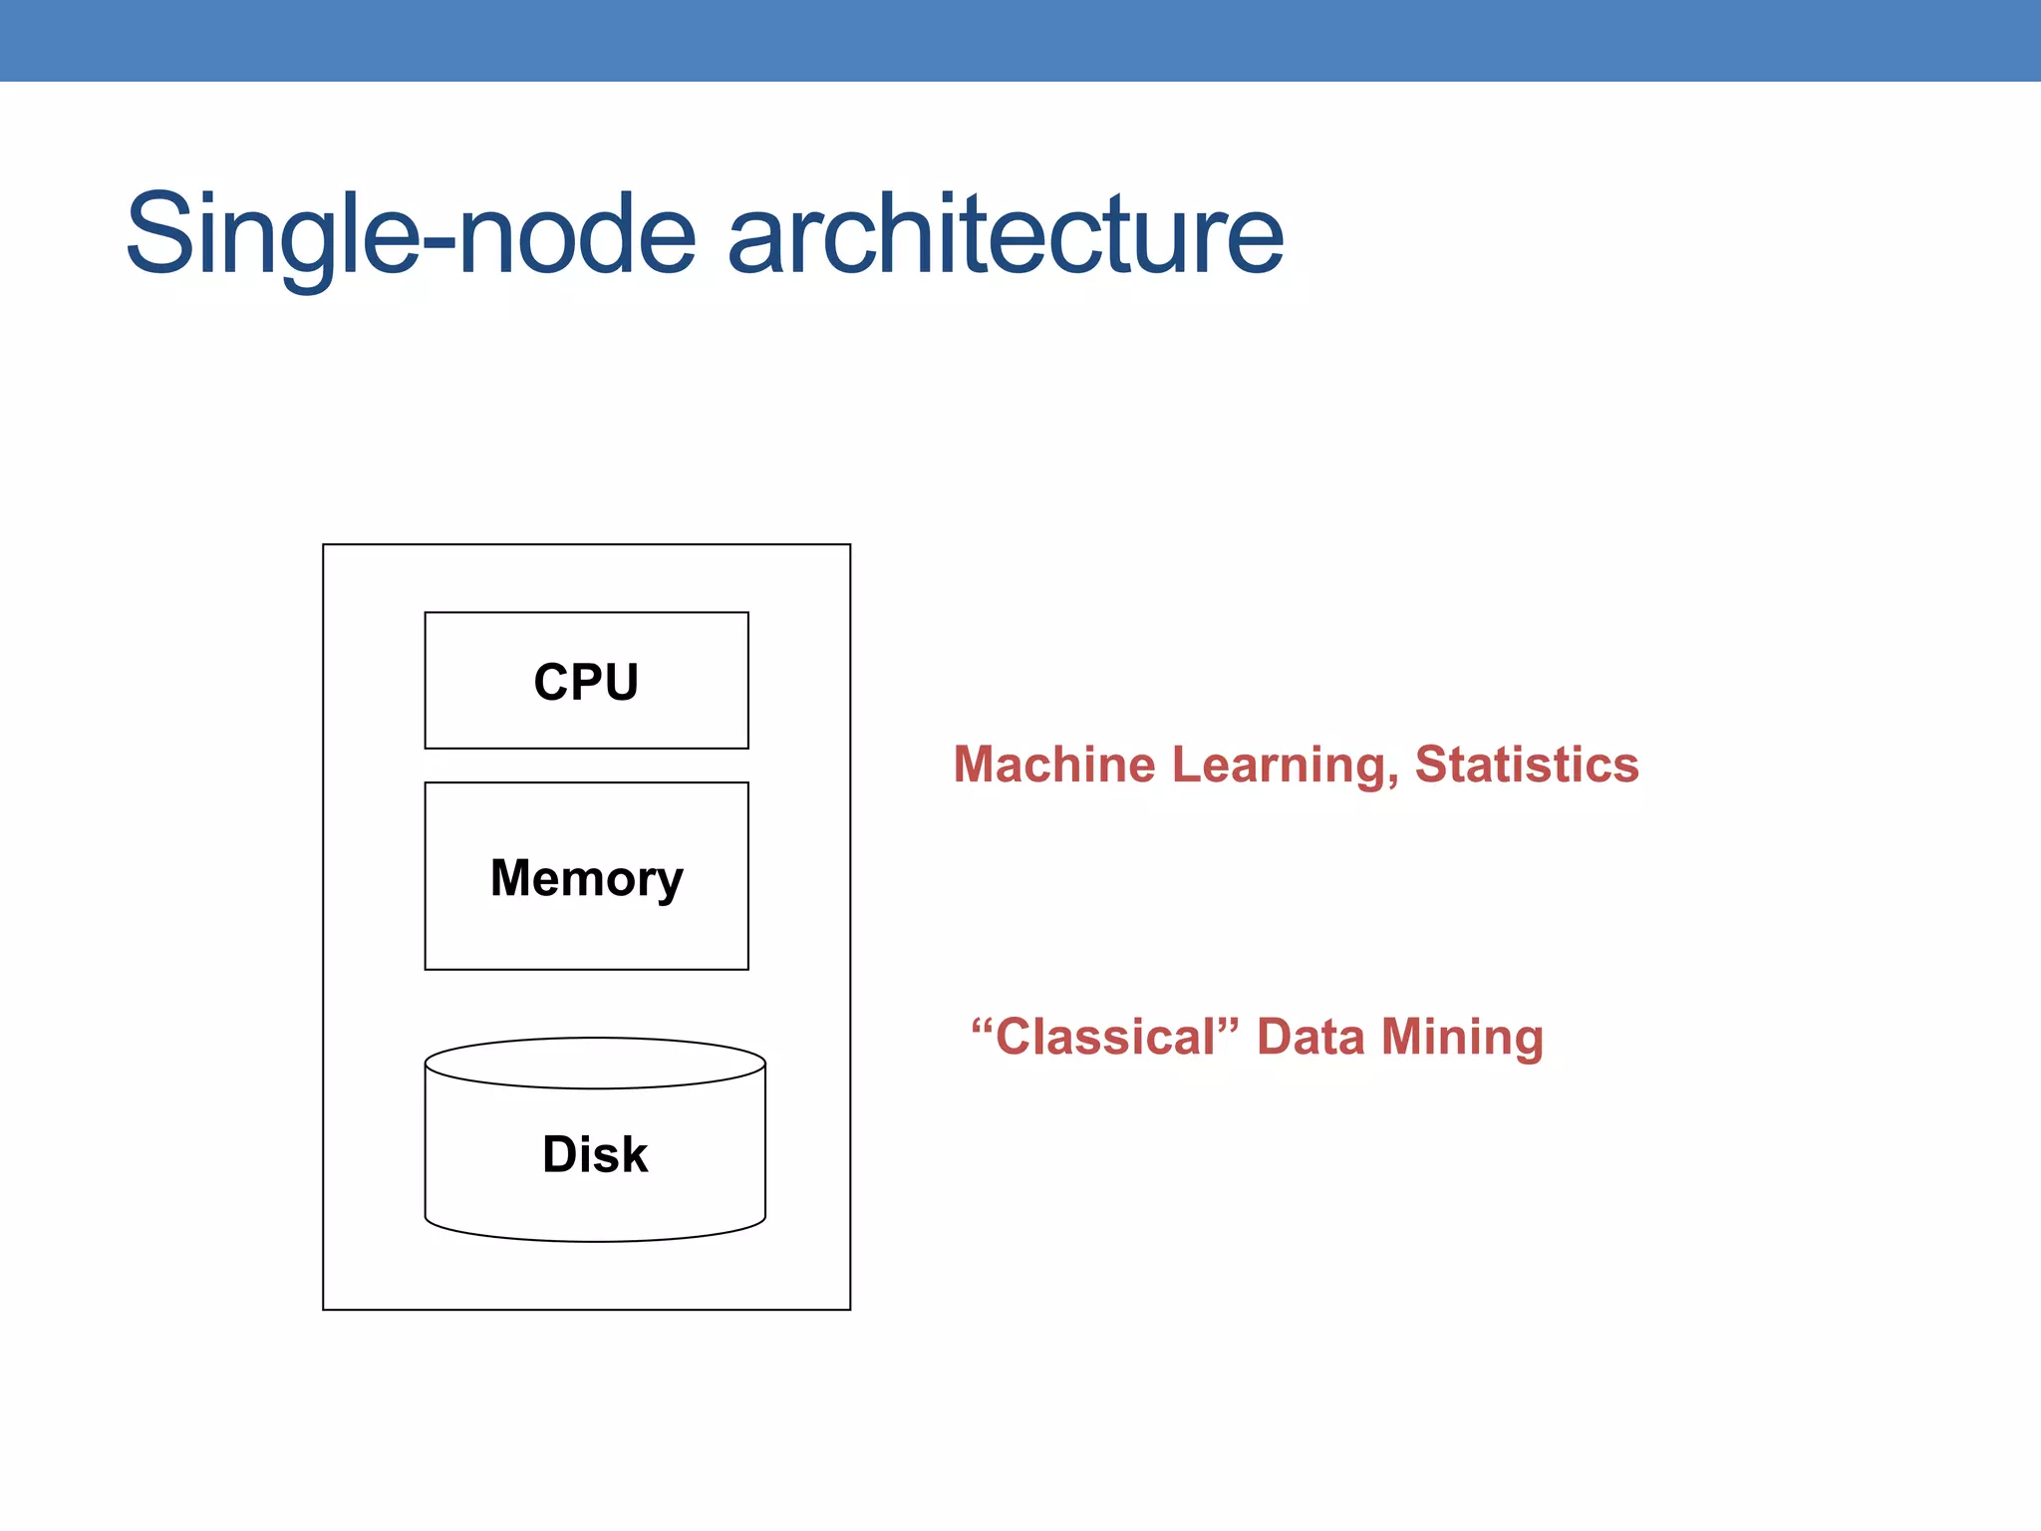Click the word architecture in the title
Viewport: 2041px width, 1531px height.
pyautogui.click(x=1006, y=236)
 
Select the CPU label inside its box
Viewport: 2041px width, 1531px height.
pyautogui.click(x=586, y=683)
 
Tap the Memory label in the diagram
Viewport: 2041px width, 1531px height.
pyautogui.click(x=586, y=879)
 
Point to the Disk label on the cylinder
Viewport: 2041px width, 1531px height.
pyautogui.click(x=595, y=1154)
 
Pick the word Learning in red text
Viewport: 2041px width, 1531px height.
pyautogui.click(x=1279, y=765)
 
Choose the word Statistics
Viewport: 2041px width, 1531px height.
pyautogui.click(x=1527, y=765)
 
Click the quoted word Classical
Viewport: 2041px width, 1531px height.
pyautogui.click(x=1106, y=1037)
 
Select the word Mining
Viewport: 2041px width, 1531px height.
pyautogui.click(x=1462, y=1037)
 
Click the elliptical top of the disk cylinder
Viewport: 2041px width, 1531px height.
pyautogui.click(x=595, y=1063)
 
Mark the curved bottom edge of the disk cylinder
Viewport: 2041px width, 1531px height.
pyautogui.click(x=595, y=1240)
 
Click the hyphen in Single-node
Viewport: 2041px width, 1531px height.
pyautogui.click(x=438, y=243)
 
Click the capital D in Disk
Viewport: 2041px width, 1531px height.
pyautogui.click(x=559, y=1154)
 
